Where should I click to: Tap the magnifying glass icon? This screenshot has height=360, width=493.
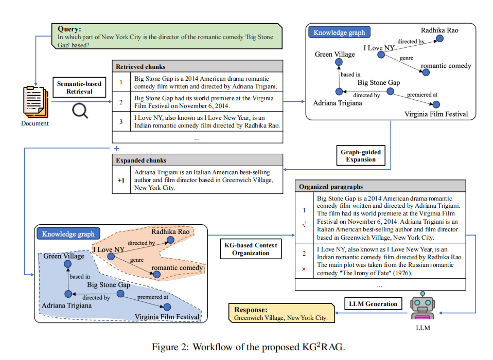(x=80, y=110)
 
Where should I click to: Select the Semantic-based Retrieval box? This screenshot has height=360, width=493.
(x=79, y=87)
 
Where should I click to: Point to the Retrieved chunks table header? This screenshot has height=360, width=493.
(x=197, y=66)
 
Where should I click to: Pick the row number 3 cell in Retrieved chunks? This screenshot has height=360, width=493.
(x=120, y=121)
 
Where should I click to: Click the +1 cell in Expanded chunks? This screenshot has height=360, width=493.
(x=120, y=181)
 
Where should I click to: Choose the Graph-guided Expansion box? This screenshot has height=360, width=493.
(x=361, y=156)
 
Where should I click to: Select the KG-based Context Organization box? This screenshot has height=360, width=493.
(x=251, y=249)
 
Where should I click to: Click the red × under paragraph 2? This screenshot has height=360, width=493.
(x=304, y=269)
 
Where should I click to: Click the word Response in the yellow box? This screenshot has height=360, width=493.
(x=251, y=310)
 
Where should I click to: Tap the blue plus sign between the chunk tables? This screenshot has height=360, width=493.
(x=116, y=149)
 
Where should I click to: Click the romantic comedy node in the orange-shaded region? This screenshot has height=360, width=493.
(x=156, y=275)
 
